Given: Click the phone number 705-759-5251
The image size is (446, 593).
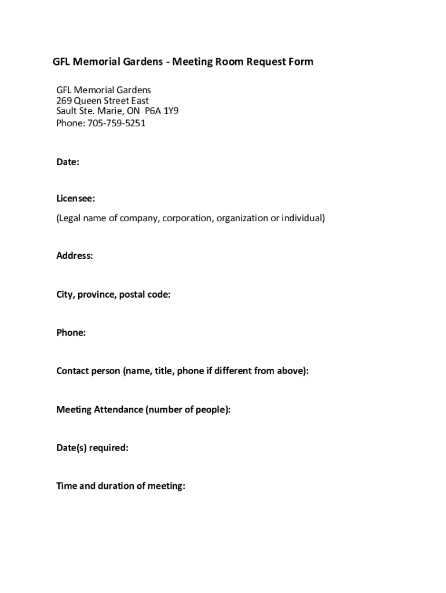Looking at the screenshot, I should pos(116,123).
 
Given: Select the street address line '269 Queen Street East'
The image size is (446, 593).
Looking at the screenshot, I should pos(103,101).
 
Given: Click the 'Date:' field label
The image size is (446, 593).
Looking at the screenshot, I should pos(68,162).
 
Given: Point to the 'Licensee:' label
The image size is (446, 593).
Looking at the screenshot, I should pos(76,199).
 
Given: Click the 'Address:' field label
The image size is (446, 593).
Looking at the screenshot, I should pos(75,255).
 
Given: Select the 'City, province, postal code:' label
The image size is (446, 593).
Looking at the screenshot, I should pos(114,295).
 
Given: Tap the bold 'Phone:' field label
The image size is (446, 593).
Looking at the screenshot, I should pos(71,332).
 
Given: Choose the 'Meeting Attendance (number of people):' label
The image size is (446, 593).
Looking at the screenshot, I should pos(143,409).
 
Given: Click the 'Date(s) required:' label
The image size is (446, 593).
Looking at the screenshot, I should pos(92,448).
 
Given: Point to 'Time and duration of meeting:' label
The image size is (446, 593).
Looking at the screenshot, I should pos(120,486).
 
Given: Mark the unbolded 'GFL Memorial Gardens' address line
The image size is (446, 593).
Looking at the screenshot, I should pos(104,90).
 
